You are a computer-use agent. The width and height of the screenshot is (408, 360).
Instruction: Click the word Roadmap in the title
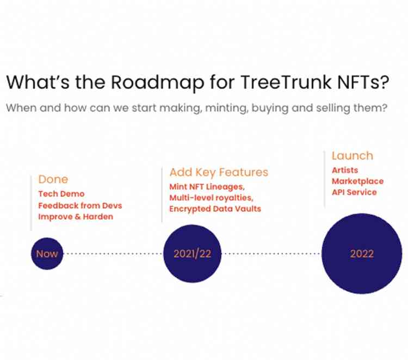[157, 82]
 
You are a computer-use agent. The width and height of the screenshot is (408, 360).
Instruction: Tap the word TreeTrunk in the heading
[286, 82]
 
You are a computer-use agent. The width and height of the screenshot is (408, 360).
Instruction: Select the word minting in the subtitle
[226, 108]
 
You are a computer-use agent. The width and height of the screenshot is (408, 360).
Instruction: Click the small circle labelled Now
[47, 253]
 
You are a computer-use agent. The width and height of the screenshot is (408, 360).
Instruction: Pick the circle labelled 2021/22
[192, 253]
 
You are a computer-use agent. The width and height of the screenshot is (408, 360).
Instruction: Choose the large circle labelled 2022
[362, 253]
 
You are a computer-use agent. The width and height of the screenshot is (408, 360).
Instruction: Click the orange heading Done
[53, 179]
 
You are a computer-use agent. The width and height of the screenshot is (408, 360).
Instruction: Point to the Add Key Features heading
[219, 172]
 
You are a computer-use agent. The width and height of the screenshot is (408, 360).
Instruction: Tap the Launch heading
[353, 156]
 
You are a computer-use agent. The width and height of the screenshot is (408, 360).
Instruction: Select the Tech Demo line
[61, 194]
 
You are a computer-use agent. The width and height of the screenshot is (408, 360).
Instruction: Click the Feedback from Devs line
[80, 205]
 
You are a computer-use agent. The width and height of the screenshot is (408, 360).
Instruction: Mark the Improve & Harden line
[76, 217]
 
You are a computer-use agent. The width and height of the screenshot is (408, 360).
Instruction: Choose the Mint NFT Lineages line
[207, 187]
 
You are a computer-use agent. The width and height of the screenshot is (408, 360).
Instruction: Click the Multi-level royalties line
[211, 198]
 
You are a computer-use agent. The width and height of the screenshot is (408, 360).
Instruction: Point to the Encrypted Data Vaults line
[215, 209]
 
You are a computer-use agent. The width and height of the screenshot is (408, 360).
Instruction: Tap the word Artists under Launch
[345, 170]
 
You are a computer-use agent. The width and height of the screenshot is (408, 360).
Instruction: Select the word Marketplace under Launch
[358, 181]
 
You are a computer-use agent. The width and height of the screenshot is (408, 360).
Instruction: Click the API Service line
[354, 192]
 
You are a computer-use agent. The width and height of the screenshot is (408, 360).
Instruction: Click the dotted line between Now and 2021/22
[113, 253]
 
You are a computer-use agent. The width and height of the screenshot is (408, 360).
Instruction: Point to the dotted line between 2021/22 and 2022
[271, 253]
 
